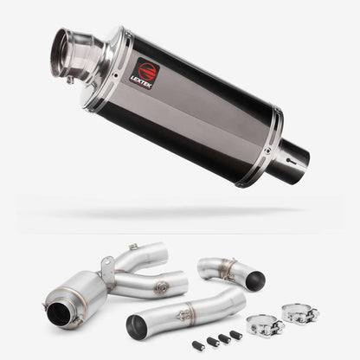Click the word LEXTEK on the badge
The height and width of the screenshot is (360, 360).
tap(140, 80)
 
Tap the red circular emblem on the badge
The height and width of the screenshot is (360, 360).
tap(149, 70)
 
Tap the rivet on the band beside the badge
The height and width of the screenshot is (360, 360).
tap(116, 75)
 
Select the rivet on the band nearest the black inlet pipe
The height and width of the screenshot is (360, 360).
tap(268, 151)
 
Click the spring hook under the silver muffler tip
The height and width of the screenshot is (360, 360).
tap(70, 80)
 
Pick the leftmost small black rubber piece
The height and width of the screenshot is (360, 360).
tap(198, 344)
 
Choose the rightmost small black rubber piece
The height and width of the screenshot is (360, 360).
tap(236, 335)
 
